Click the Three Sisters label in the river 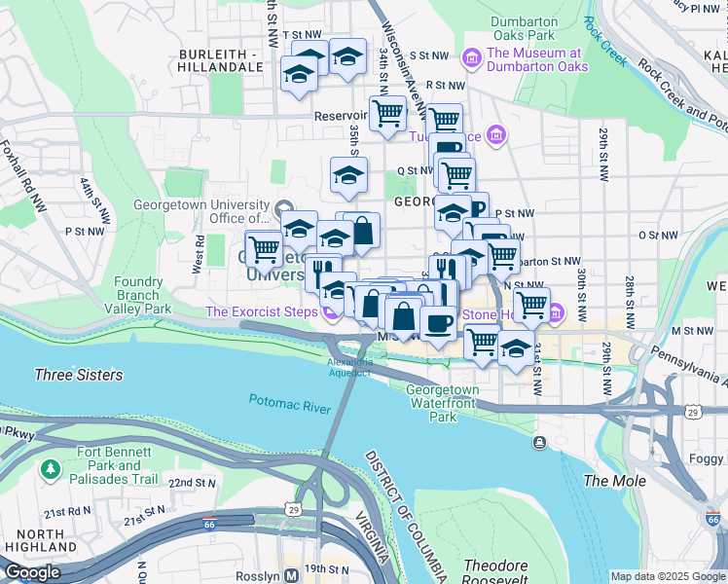pyautogui.click(x=79, y=375)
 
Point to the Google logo pyautogui.click(x=31, y=572)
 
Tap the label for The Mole pyautogui.click(x=608, y=481)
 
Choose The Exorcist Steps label pyautogui.click(x=262, y=312)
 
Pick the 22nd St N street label pyautogui.click(x=191, y=483)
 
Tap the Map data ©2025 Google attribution pyautogui.click(x=667, y=576)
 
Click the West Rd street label pyautogui.click(x=198, y=254)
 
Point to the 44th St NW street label pyautogui.click(x=96, y=200)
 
